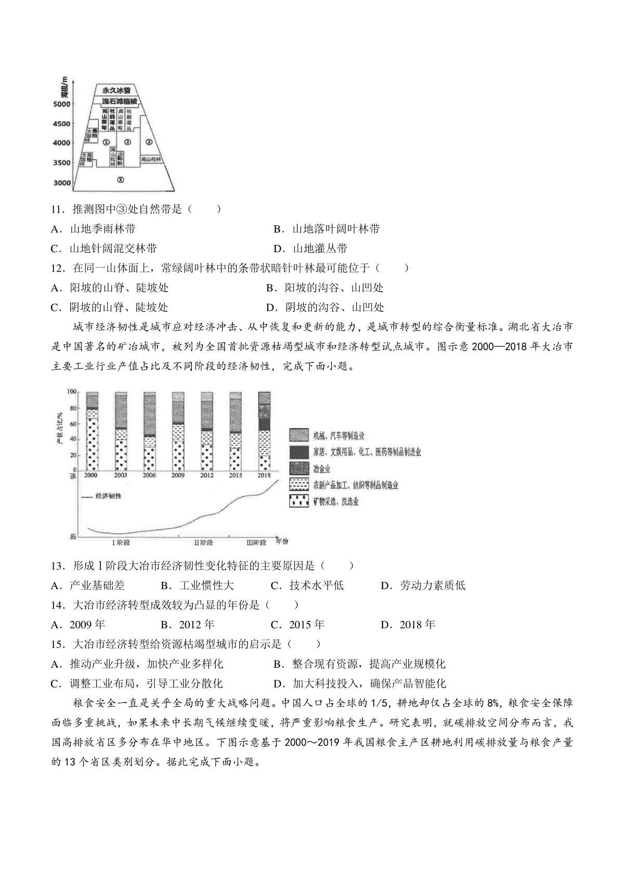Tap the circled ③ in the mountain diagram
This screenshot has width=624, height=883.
pyautogui.click(x=120, y=180)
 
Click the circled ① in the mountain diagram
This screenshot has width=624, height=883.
pyautogui.click(x=106, y=141)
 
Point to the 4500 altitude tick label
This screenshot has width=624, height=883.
pyautogui.click(x=61, y=124)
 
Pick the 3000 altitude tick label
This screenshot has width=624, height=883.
pyautogui.click(x=61, y=183)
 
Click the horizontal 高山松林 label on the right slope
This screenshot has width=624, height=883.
pyautogui.click(x=152, y=160)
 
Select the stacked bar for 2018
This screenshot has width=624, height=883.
pyautogui.click(x=264, y=431)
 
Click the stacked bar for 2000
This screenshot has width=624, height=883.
pyautogui.click(x=92, y=431)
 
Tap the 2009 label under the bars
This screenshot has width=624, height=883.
pyautogui.click(x=178, y=475)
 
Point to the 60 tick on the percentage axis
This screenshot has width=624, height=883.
pyautogui.click(x=73, y=424)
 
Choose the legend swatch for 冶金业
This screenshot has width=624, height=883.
pyautogui.click(x=298, y=468)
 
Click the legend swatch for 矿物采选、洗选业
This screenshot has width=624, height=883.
pyautogui.click(x=298, y=501)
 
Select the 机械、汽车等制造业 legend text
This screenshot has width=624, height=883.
pyautogui.click(x=338, y=436)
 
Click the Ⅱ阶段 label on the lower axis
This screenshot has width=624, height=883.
pyautogui.click(x=203, y=542)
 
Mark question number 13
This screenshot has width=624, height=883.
pyautogui.click(x=57, y=566)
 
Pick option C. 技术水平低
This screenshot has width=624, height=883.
pyautogui.click(x=308, y=586)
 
